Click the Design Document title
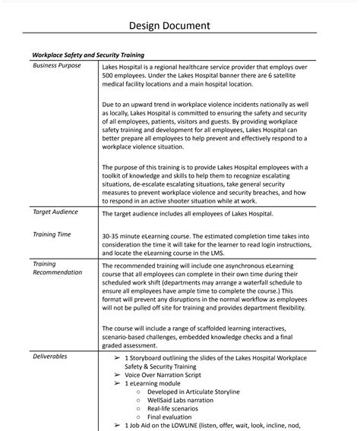click(179, 26)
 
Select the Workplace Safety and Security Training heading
click(87, 55)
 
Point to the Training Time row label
click(54, 234)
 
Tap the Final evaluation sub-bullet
click(172, 417)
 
